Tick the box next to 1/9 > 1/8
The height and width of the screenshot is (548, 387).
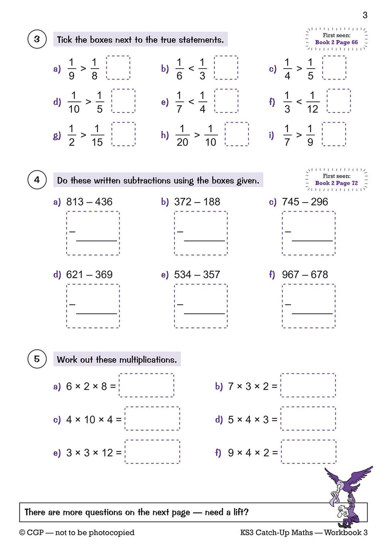pyautogui.click(x=118, y=68)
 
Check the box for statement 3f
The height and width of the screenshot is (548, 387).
pyautogui.click(x=338, y=101)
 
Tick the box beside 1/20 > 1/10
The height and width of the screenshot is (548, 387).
pyautogui.click(x=236, y=134)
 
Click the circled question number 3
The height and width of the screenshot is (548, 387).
pyautogui.click(x=37, y=39)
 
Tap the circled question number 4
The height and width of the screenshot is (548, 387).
pyautogui.click(x=37, y=180)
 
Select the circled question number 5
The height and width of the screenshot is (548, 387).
pyautogui.click(x=37, y=359)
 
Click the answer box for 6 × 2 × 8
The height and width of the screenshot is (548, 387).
pyautogui.click(x=147, y=386)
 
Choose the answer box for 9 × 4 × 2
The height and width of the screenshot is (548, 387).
pyautogui.click(x=308, y=452)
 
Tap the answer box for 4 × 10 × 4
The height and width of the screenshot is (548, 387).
pyautogui.click(x=152, y=419)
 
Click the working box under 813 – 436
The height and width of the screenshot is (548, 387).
pyautogui.click(x=93, y=233)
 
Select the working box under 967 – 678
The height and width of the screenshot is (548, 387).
pyautogui.click(x=308, y=306)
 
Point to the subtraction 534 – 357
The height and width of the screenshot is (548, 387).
pyautogui.click(x=197, y=275)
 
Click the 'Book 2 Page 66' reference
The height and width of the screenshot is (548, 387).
pyautogui.click(x=336, y=42)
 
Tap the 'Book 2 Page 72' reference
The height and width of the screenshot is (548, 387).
pyautogui.click(x=336, y=183)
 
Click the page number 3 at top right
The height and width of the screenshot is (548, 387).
pyautogui.click(x=365, y=15)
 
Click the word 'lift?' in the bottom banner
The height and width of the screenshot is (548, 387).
pyautogui.click(x=241, y=512)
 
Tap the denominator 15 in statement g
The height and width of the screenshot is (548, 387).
pyautogui.click(x=97, y=142)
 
